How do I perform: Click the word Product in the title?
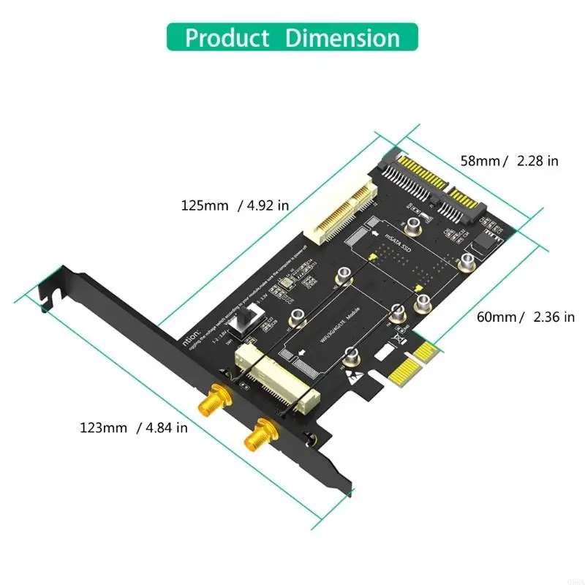(228, 37)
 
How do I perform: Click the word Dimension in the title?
(342, 37)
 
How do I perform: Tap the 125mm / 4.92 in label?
(235, 205)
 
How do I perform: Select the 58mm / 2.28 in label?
(508, 161)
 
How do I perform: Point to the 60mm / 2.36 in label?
(525, 317)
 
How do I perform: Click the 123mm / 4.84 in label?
(133, 427)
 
